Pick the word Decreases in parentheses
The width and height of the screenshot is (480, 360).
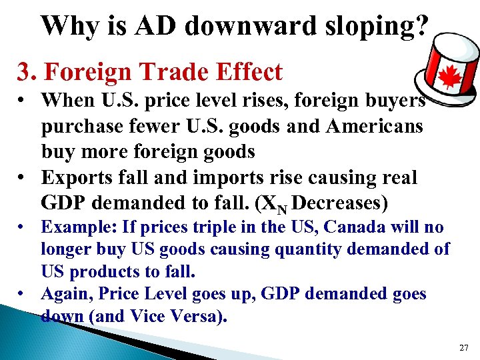[344, 202]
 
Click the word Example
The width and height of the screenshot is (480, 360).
[77, 227]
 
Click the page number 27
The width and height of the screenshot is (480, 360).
[464, 347]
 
